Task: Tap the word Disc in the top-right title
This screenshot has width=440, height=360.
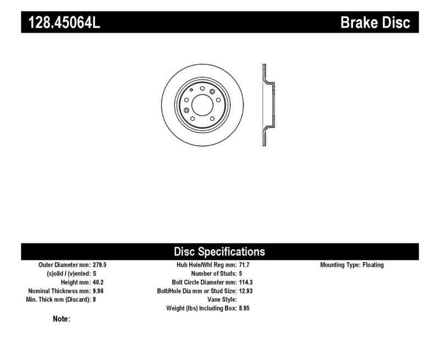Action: click(395, 23)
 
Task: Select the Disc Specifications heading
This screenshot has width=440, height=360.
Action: click(219, 252)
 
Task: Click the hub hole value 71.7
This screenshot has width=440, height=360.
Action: click(245, 265)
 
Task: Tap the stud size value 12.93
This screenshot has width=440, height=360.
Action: click(247, 291)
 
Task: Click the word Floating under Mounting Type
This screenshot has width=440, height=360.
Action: click(373, 265)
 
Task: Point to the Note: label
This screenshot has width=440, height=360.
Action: click(62, 319)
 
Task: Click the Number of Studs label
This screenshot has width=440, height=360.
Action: click(213, 274)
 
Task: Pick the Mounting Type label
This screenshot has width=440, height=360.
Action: click(340, 265)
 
